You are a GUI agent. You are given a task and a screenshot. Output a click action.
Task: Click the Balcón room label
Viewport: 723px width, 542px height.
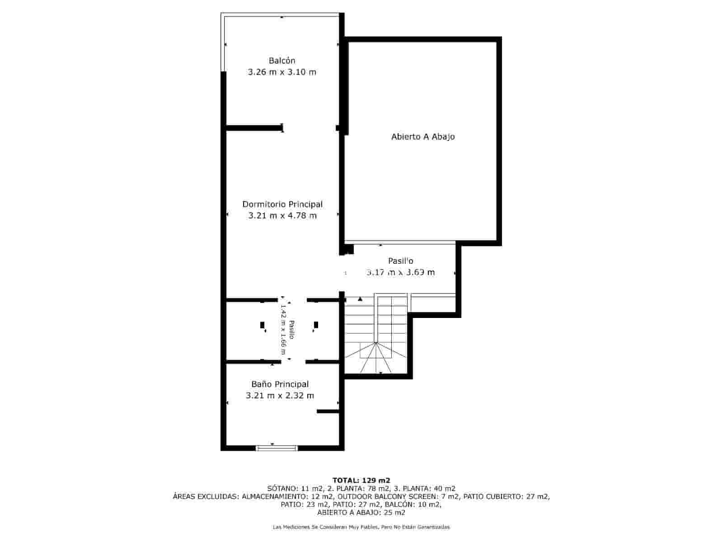point(282,61)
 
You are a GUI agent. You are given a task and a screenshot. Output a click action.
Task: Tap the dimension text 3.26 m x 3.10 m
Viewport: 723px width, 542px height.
point(282,72)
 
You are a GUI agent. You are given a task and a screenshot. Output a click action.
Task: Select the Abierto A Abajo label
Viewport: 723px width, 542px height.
point(423,136)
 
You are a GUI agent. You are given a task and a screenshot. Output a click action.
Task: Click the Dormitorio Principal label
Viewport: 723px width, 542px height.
point(282,204)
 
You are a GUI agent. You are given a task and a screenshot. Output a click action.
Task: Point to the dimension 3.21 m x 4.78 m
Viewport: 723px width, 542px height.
point(282,215)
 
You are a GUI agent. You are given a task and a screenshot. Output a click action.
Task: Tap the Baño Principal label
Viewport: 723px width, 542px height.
point(280,384)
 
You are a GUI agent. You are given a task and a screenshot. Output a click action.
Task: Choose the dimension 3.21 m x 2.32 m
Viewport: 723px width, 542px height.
point(280,396)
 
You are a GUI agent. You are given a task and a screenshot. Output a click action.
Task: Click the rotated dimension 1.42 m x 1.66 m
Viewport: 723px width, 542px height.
point(284,329)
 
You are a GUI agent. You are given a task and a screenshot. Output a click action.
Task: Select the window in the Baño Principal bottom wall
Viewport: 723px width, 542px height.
point(277,448)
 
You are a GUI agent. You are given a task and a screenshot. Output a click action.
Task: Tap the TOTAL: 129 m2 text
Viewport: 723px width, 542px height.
point(361,480)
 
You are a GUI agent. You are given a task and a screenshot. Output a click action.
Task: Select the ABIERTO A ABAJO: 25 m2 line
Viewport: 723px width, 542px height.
point(361,513)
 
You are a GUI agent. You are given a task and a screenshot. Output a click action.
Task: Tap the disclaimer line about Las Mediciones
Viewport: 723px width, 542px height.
point(361,527)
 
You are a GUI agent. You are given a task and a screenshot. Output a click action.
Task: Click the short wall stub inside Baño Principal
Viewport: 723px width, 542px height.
point(328,411)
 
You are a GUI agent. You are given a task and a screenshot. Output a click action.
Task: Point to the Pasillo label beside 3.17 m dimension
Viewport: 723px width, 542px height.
point(401,261)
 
